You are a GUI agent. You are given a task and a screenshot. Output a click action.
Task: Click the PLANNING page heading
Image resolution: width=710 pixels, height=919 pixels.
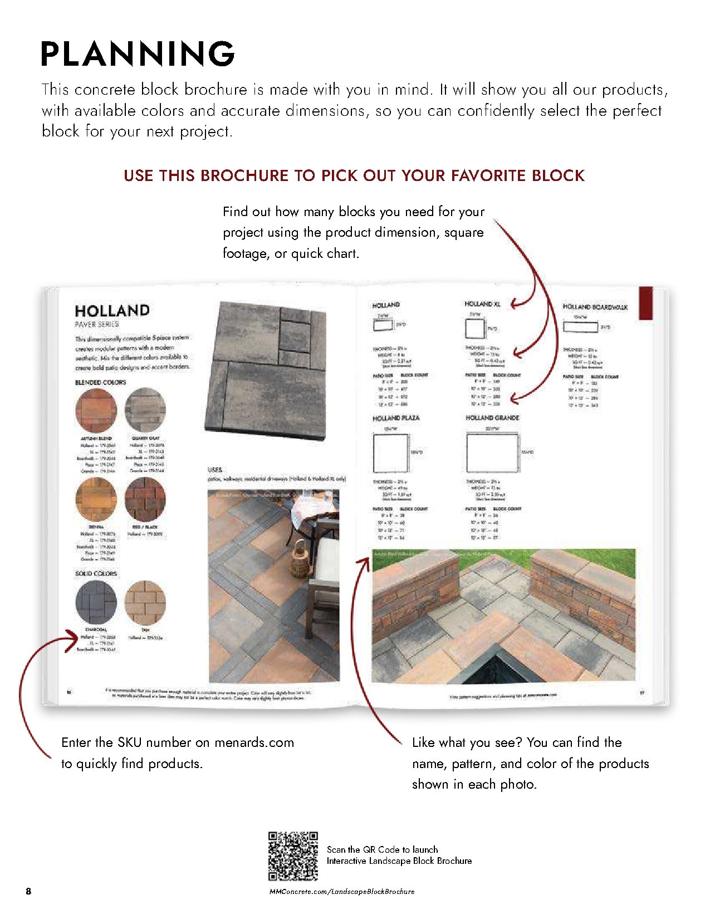click(138, 54)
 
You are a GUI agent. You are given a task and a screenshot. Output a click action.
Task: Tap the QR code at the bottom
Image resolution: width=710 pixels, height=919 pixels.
click(293, 856)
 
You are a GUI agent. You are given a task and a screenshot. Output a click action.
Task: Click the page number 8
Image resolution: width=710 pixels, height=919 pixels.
click(28, 891)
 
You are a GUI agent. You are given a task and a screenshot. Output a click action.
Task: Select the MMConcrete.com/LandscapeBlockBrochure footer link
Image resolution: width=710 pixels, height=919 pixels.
click(342, 891)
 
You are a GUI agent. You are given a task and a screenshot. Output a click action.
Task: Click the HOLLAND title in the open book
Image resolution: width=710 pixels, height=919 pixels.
click(112, 310)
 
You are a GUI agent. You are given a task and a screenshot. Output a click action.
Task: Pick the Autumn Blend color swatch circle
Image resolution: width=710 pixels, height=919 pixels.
click(96, 411)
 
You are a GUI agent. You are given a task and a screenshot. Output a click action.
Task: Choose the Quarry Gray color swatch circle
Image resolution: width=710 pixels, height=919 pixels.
click(146, 411)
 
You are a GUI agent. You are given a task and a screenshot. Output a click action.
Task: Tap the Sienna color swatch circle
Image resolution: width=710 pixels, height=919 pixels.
click(96, 500)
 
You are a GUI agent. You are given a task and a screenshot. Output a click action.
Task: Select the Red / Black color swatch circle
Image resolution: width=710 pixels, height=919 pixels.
click(146, 500)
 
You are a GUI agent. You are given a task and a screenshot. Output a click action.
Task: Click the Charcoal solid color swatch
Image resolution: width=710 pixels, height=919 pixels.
click(96, 602)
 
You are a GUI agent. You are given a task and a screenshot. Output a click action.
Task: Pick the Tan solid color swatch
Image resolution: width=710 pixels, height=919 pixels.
click(145, 602)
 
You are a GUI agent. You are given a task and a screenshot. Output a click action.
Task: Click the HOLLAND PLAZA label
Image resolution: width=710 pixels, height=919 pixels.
click(396, 418)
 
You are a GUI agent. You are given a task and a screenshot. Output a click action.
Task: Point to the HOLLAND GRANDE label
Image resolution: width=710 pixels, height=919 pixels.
click(492, 418)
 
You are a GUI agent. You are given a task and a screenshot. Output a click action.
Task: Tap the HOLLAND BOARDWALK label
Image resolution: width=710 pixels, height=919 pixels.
click(595, 307)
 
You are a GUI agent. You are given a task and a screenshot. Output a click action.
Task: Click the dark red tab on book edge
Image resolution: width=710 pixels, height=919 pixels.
click(645, 303)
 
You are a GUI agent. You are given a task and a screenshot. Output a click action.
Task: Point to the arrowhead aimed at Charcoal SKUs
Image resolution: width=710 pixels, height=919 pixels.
click(74, 639)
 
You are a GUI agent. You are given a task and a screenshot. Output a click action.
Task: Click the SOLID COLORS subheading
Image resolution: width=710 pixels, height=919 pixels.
click(96, 573)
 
